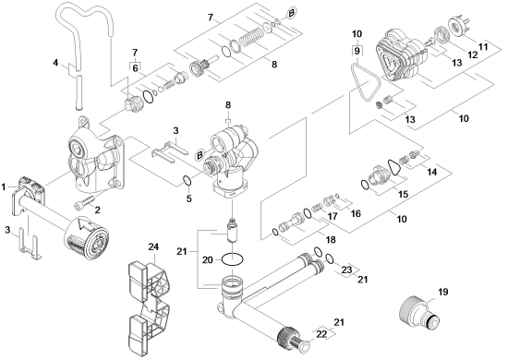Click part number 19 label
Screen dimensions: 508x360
(x=442, y=292)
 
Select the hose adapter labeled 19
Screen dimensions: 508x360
(x=419, y=313)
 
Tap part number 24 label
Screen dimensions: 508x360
(x=153, y=246)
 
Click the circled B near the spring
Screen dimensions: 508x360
(x=291, y=13)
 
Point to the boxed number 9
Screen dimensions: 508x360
(x=357, y=51)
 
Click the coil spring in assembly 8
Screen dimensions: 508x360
(x=250, y=37)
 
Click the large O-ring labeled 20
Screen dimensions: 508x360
(x=232, y=259)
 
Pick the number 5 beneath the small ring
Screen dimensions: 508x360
(x=188, y=198)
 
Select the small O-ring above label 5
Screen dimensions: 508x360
(x=187, y=180)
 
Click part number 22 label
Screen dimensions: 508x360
(x=321, y=335)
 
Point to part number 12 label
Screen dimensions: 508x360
(x=472, y=54)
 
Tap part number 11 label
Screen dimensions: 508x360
(x=483, y=47)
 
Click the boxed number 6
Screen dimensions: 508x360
(x=135, y=68)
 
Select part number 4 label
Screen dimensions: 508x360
(x=55, y=62)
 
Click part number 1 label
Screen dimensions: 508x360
(x=4, y=186)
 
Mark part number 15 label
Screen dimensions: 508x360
(x=403, y=194)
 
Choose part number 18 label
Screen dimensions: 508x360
(x=331, y=240)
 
